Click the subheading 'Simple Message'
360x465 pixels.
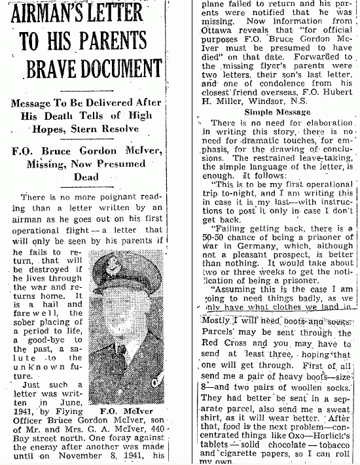[268, 112]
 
